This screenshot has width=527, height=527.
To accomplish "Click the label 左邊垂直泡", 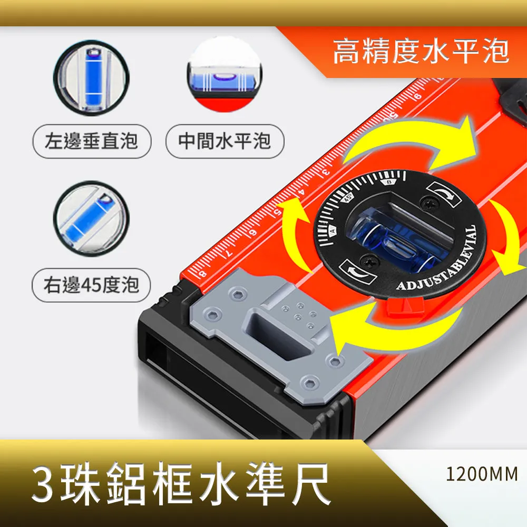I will pyautogui.click(x=92, y=141).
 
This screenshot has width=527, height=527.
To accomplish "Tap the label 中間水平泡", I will pyautogui.click(x=225, y=141).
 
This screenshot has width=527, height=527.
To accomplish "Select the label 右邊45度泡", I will pyautogui.click(x=92, y=285).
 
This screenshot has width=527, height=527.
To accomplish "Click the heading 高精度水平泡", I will pyautogui.click(x=421, y=53).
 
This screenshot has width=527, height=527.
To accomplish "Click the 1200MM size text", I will pyautogui.click(x=482, y=474).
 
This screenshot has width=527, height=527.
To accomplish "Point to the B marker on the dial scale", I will pyautogui.click(x=389, y=182).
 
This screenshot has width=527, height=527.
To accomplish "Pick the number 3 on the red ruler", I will pyautogui.click(x=326, y=172).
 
